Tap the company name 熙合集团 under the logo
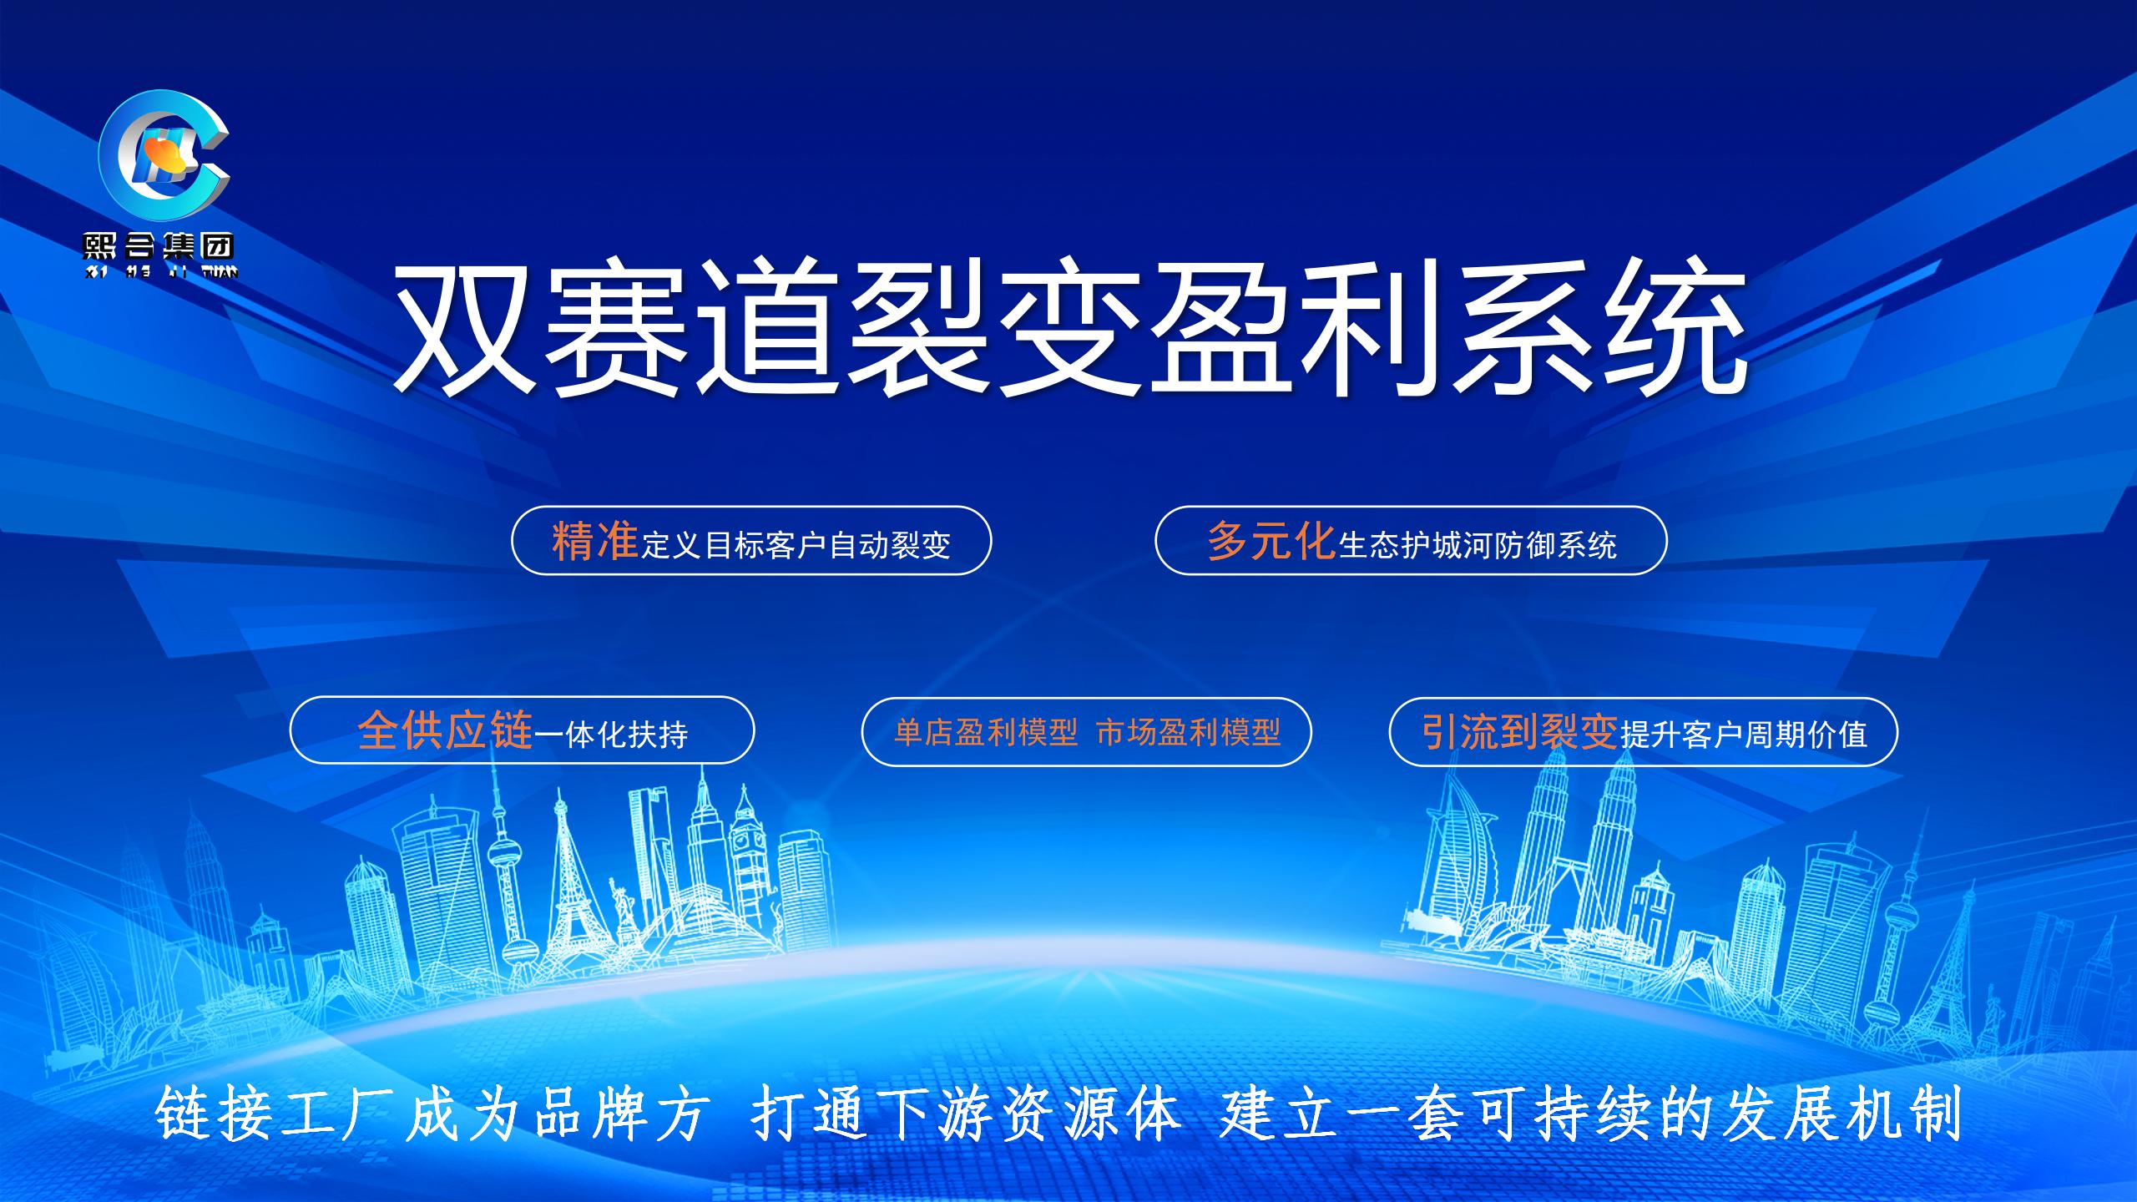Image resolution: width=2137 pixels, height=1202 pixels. [x=159, y=245]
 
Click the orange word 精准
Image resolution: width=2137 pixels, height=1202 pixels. [x=595, y=542]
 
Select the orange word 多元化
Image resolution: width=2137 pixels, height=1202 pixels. [x=1271, y=542]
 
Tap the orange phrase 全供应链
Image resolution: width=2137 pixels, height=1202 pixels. [x=445, y=731]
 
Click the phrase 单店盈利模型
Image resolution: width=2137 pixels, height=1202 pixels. [x=986, y=733]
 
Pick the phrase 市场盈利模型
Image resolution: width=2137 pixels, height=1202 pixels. [x=1188, y=733]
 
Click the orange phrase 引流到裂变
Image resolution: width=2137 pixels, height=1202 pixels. [x=1519, y=732]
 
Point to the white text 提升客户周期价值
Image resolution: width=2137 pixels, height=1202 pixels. [x=1743, y=735]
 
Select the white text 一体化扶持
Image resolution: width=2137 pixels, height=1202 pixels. [x=611, y=735]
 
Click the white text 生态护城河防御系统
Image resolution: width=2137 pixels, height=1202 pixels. [x=1478, y=545]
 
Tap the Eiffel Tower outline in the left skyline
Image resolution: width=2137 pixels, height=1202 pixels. [x=569, y=885]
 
